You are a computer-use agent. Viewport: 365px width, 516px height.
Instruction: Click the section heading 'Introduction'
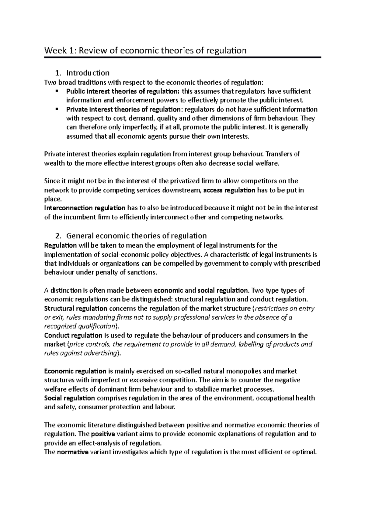tap(88, 73)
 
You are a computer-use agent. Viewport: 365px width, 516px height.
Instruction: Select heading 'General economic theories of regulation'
tap(136, 236)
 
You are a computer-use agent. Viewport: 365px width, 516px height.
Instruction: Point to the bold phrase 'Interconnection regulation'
tap(85, 208)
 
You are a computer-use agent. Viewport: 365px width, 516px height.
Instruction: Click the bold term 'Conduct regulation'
tap(73, 335)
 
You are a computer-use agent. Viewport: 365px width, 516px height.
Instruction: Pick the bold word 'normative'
tap(73, 452)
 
